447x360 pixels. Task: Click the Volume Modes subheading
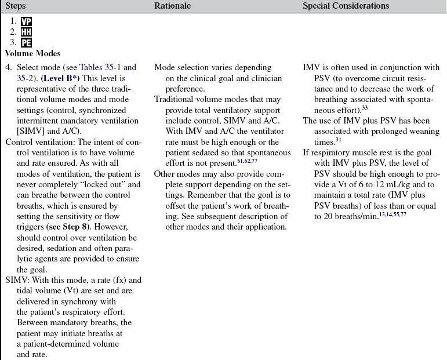(x=32, y=53)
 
